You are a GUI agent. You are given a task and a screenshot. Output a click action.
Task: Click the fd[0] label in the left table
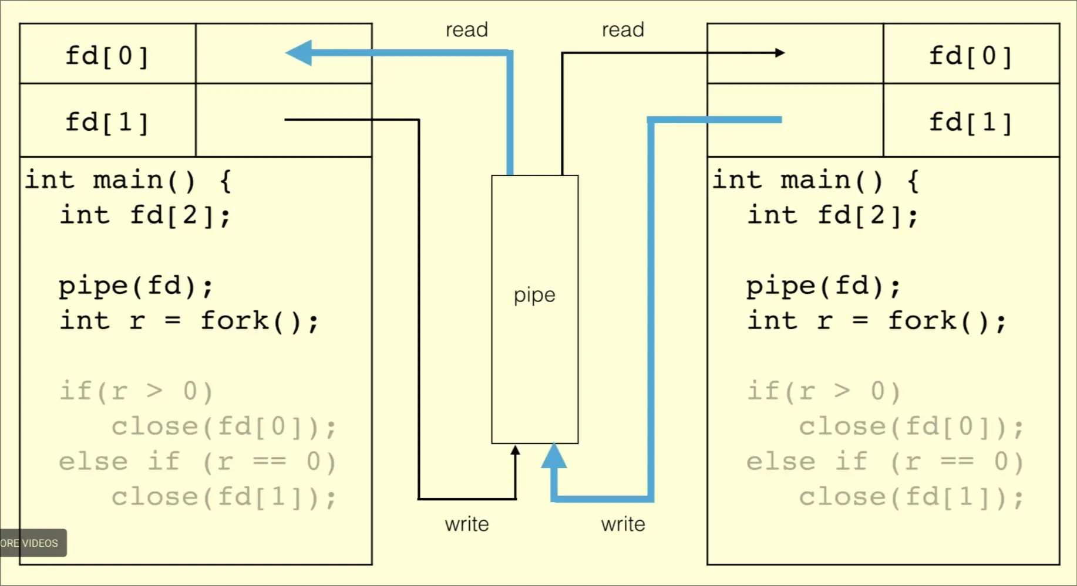(107, 56)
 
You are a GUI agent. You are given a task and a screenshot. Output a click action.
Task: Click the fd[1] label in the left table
(107, 123)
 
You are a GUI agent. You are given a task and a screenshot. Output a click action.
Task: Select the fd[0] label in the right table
(971, 56)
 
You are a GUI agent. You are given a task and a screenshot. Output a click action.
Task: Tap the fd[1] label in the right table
(971, 123)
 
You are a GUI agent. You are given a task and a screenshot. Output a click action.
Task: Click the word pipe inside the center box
(534, 294)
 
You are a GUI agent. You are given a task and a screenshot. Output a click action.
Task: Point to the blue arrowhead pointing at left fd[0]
(299, 53)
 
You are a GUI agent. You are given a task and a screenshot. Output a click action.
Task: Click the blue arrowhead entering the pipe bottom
(554, 456)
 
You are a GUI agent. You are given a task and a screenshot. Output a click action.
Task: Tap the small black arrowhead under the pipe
(515, 450)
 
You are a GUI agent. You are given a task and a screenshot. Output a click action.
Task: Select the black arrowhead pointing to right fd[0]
(780, 53)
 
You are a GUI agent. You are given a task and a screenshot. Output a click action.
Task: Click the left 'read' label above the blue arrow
(467, 30)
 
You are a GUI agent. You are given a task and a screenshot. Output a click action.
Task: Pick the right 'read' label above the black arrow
(623, 30)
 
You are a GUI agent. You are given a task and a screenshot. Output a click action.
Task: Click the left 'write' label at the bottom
(467, 524)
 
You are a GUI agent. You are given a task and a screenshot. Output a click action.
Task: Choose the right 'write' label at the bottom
(623, 524)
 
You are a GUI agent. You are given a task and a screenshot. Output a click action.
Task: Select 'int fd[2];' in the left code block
(145, 215)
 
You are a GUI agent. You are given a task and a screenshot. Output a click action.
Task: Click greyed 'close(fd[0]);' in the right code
(911, 426)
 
